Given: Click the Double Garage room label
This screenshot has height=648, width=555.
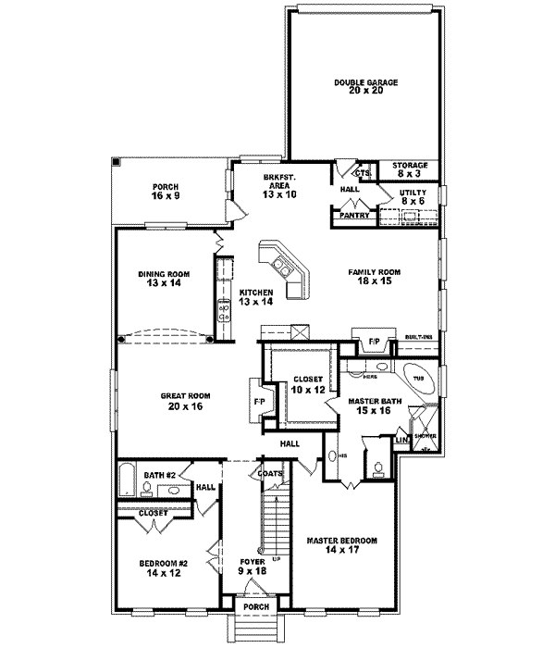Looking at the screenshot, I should point(365,87).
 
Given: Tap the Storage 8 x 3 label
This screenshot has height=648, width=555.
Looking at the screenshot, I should point(410,168).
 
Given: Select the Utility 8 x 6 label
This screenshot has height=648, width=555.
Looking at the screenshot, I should point(413,196).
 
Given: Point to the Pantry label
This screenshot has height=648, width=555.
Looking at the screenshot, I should point(354,216).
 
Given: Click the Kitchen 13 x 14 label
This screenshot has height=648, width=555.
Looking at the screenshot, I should point(256,297).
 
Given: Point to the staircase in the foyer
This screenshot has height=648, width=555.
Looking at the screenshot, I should point(271,522).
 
